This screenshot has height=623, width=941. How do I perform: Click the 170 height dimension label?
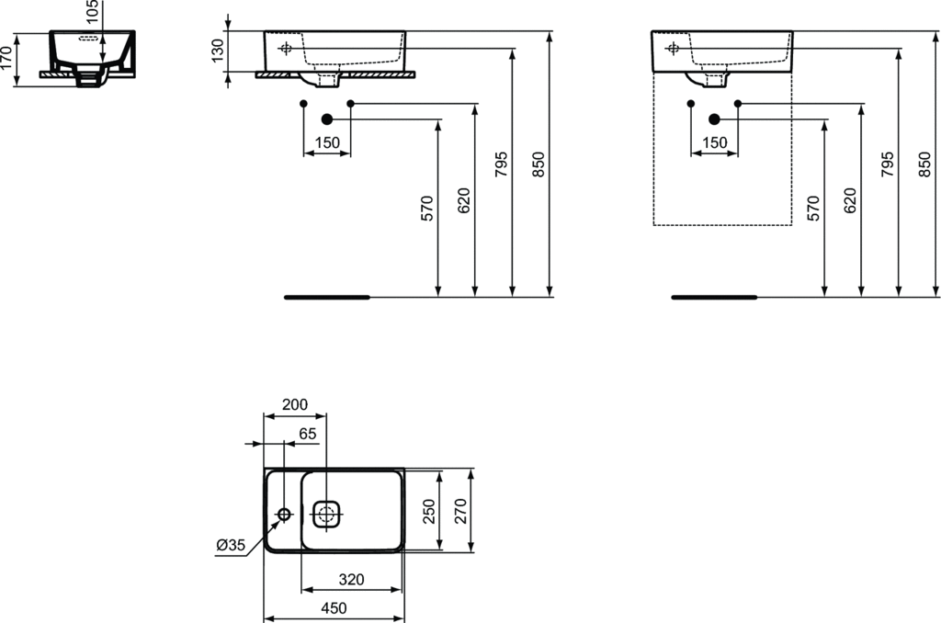coord(6,58)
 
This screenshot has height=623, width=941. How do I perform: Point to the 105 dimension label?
coord(92,12)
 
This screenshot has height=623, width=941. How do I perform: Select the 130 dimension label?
coord(218,51)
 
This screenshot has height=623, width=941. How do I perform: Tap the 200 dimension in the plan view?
coord(295,404)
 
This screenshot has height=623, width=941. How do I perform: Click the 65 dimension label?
coord(307,434)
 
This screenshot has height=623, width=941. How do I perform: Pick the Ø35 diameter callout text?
coord(231,545)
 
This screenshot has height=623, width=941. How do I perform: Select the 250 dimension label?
coord(429,512)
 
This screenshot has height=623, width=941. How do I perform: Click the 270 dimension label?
coord(460,512)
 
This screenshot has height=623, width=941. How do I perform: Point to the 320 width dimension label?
coord(351,579)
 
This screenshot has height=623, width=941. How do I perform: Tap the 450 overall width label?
coord(334,608)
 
